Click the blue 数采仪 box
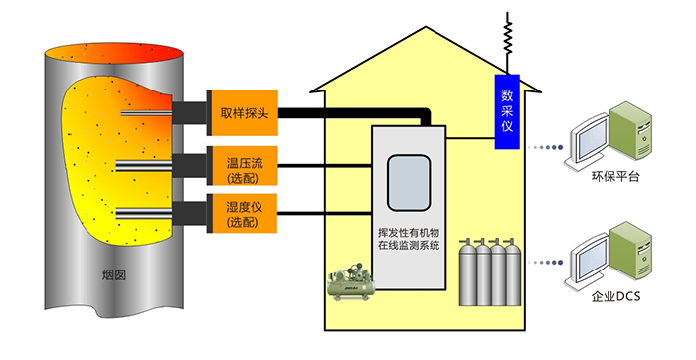coord(507,111)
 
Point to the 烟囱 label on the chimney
coord(114,275)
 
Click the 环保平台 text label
coord(615,177)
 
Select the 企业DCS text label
coord(616,296)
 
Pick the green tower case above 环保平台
coord(630,130)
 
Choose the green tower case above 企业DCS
coord(630,251)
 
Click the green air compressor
coord(351,282)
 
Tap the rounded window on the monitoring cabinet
coord(409,182)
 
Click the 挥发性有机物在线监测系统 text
coord(409,239)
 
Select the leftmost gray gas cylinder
coord(467,272)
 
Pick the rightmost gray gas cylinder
coord(513,272)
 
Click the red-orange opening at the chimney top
coord(114,53)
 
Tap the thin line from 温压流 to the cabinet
coord(324,166)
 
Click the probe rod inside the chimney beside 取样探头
coord(146,113)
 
